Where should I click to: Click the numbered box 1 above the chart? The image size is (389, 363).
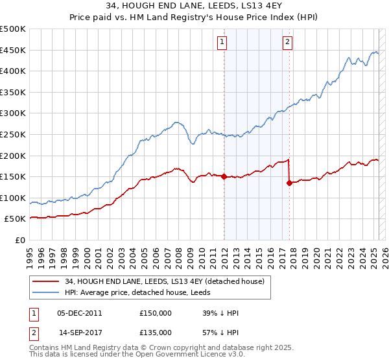pyautogui.click(x=222, y=42)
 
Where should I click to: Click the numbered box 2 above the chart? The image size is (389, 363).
pyautogui.click(x=287, y=42)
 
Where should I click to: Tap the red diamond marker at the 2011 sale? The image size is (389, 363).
pyautogui.click(x=224, y=176)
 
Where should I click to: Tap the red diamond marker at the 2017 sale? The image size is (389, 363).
pyautogui.click(x=289, y=183)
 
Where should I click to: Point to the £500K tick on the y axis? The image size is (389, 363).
pyautogui.click(x=13, y=29)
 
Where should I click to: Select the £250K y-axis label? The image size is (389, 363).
pyautogui.click(x=13, y=134)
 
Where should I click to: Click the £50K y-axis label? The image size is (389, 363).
pyautogui.click(x=16, y=219)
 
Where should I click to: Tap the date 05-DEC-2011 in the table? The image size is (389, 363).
pyautogui.click(x=80, y=313)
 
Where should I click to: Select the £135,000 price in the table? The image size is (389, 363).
pyautogui.click(x=156, y=331)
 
